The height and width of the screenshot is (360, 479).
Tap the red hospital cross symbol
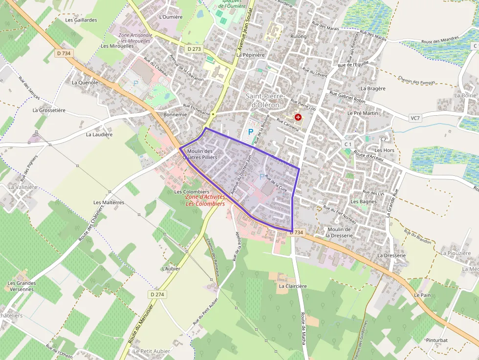coord(298,117)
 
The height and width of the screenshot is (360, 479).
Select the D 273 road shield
coord(194,49)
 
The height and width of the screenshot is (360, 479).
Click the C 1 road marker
coord(348,144)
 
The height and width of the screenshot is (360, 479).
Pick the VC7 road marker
coord(415,118)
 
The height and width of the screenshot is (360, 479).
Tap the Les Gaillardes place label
coord(81,20)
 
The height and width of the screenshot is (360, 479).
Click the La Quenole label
coord(85,83)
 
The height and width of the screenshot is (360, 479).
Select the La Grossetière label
coord(49,110)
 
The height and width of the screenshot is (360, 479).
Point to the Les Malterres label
coord(109,202)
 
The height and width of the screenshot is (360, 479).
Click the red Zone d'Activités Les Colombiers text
coord(205,200)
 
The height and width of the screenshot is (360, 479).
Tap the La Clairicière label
coord(293,286)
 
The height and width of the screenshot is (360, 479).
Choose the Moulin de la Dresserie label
coord(340,233)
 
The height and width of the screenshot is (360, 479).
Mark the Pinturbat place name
coord(436,340)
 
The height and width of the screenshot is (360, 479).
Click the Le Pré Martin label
coord(363,113)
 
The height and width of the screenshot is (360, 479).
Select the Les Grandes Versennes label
coord(22,286)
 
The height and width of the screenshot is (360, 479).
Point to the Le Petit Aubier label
coord(152,351)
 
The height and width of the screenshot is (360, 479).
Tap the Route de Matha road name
coord(303,328)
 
